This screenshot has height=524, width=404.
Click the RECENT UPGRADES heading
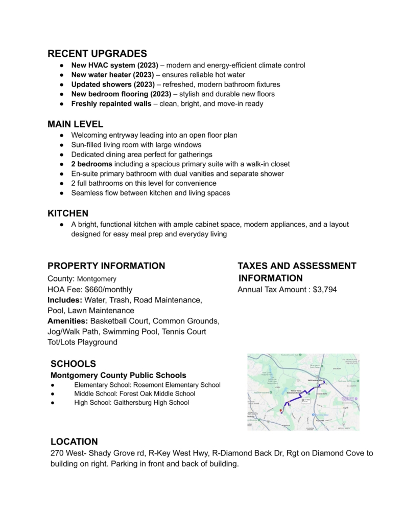[x=97, y=53]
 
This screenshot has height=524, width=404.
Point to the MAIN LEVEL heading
[x=75, y=124]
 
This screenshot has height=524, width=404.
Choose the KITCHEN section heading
[x=68, y=212]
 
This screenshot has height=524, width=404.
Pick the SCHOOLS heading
[x=73, y=364]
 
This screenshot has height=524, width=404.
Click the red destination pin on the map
[x=281, y=410]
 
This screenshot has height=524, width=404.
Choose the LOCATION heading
[x=74, y=441]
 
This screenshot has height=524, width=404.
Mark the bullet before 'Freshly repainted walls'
[x=61, y=104]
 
